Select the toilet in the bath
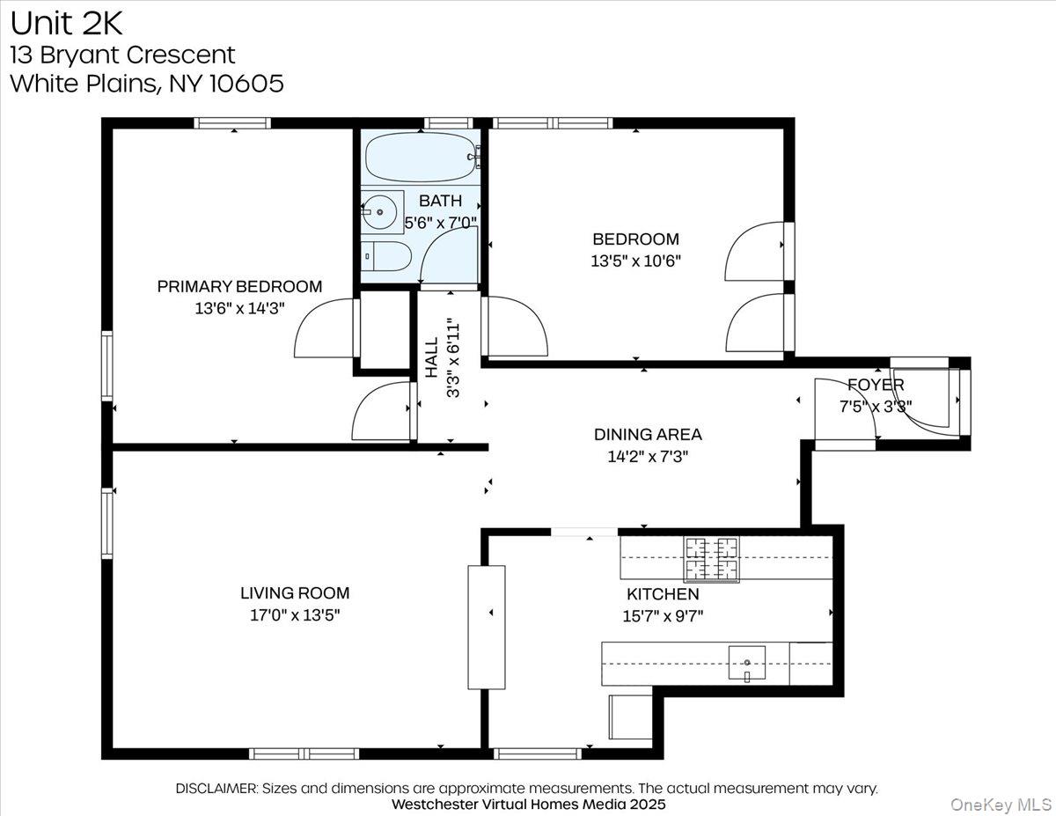pos(387,257)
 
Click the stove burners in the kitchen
pos(712,559)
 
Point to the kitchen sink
pos(746,662)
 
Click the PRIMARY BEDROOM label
pos(239,287)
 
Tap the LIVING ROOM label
pos(295,593)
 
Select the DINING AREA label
pos(648,434)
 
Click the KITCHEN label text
pos(663,595)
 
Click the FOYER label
pos(876,386)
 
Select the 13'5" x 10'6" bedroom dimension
pos(636,261)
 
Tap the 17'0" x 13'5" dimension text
pos(295,615)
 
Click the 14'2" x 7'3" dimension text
pos(648,456)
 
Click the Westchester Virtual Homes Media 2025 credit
pos(528,805)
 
